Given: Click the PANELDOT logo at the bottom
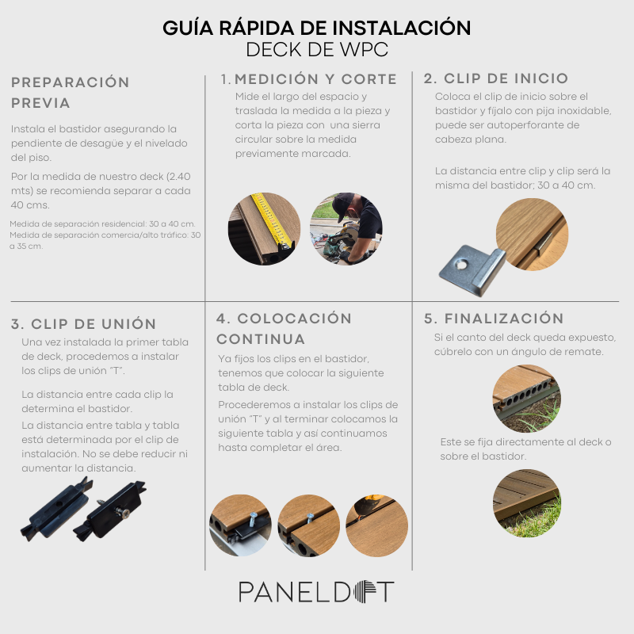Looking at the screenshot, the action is [x=316, y=592].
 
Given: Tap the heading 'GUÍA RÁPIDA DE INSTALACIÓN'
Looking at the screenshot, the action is [x=316, y=28].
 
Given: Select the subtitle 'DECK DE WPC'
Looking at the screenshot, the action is [x=317, y=50].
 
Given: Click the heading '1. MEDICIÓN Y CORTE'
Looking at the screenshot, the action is [x=309, y=79].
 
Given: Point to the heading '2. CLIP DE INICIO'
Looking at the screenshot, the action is [x=496, y=78].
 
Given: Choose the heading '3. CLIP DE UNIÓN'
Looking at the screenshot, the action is [x=84, y=324].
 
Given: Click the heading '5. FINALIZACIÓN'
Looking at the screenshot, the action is [x=494, y=319].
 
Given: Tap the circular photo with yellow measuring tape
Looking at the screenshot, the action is [x=264, y=229].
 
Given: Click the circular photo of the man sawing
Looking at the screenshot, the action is [x=346, y=229].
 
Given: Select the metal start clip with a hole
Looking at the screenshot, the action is [x=472, y=270].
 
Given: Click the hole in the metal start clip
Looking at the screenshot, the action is [x=460, y=265].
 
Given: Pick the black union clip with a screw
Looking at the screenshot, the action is [x=109, y=510].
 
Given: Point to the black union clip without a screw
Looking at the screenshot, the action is [x=57, y=509].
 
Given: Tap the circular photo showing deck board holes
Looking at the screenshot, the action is [x=526, y=399].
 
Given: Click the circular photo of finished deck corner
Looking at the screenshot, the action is [x=526, y=503].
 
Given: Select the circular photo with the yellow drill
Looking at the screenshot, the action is [x=377, y=525].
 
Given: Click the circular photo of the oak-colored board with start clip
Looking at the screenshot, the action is [x=532, y=234].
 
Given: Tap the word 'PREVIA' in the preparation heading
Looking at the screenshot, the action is [x=41, y=103].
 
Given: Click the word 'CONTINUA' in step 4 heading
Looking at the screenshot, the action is [x=261, y=339].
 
